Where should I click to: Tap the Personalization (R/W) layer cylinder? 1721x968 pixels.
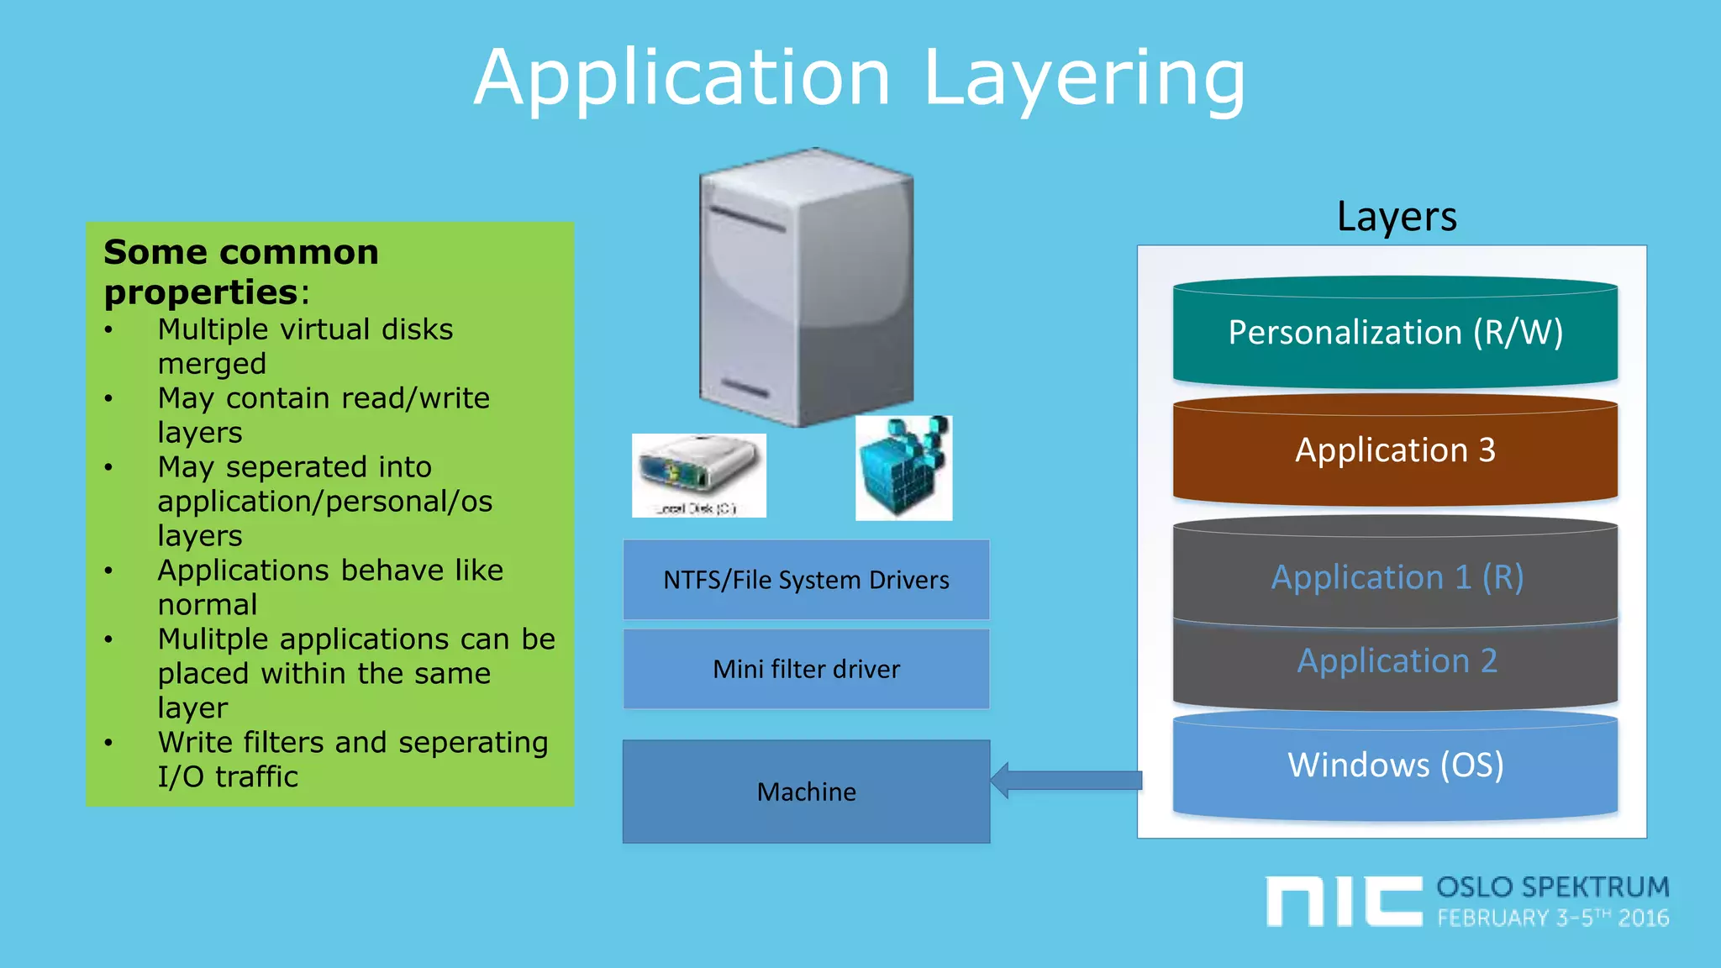(1395, 334)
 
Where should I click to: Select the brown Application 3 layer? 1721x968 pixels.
(1395, 451)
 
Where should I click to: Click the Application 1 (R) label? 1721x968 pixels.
(1397, 577)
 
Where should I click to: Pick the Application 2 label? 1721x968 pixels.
(1397, 661)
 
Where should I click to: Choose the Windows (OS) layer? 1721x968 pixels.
(1395, 765)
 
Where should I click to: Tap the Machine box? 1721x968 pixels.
(806, 792)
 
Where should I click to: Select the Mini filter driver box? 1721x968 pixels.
(806, 669)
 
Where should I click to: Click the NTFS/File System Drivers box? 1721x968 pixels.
(806, 580)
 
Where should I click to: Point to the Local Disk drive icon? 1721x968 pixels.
(698, 474)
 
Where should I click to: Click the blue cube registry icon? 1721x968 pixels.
(903, 468)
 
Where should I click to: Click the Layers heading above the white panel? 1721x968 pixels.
(1396, 217)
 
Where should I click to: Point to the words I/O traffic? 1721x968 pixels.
(228, 776)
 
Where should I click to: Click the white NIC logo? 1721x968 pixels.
(1343, 901)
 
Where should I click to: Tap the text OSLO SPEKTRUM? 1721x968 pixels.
(1552, 887)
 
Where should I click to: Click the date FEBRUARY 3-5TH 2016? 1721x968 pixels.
(1552, 918)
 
